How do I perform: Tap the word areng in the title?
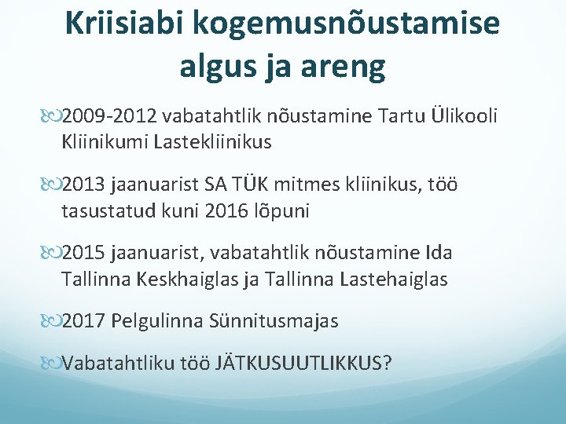pos(347,68)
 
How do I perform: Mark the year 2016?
pos(225,210)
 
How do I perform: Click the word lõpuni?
pos(285,210)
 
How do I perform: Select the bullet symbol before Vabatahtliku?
pos(53,364)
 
